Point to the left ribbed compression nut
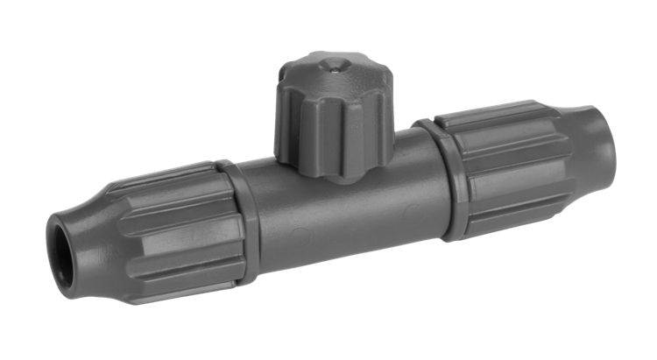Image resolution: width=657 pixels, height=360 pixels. (175, 232)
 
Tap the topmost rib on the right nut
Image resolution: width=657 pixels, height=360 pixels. (491, 114)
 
